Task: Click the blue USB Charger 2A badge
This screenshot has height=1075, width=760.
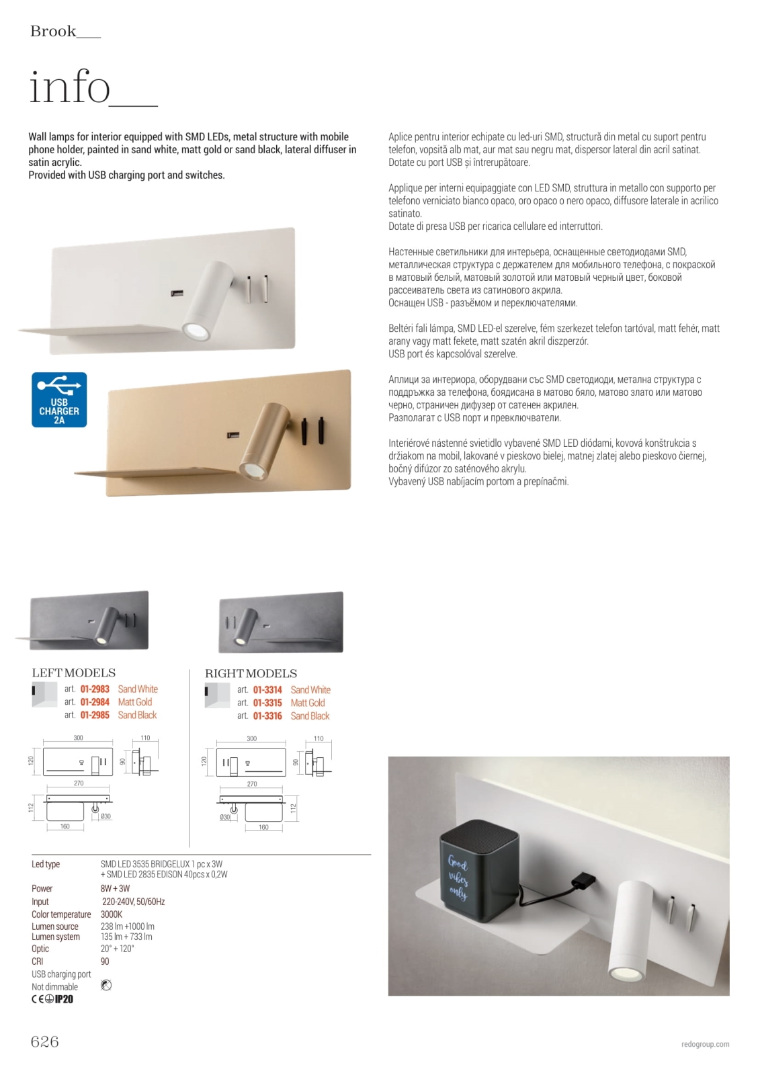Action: tap(59, 400)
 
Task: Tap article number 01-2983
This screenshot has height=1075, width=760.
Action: tap(95, 689)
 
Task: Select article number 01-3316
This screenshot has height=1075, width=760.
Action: tap(267, 716)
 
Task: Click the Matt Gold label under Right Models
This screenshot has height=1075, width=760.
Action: tap(308, 703)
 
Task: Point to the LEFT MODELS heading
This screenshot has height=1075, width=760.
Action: tap(74, 673)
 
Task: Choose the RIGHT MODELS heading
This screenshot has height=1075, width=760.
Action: tap(251, 673)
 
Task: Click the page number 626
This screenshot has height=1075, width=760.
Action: tap(44, 1041)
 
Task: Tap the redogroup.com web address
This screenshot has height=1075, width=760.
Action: tap(705, 1044)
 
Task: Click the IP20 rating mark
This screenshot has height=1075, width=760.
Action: tap(64, 999)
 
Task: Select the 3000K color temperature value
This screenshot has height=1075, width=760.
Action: tap(112, 914)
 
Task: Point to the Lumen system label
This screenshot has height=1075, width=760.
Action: tap(56, 937)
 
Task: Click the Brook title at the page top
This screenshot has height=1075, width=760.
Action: tap(53, 31)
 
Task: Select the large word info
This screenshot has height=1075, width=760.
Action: tap(70, 87)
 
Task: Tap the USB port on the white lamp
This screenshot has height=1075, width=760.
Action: tap(177, 293)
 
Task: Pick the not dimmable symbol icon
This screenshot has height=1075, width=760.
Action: tap(106, 986)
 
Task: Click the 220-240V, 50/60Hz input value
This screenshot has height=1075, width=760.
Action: tap(133, 902)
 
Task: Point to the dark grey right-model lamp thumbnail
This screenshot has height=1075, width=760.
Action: tap(281, 622)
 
